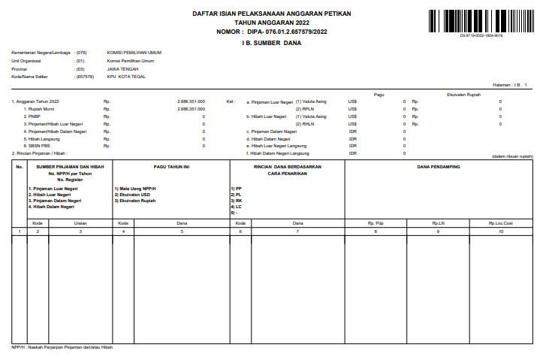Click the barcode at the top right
coord(481,20)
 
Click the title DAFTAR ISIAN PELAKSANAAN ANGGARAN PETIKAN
coord(271,14)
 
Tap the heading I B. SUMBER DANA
coord(271,43)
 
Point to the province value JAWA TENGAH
coord(122,68)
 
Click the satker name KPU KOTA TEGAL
coord(126,77)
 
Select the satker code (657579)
coord(85,77)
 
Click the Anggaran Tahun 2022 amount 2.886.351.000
coord(191,101)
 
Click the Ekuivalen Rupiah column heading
coord(463,94)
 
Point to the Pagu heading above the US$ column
coord(379,94)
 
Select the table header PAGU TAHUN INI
coord(170,166)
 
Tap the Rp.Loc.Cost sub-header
coord(501,223)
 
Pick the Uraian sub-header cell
coord(80,223)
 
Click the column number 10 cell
coord(501,231)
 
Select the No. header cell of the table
coord(20,166)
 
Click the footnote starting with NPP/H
coord(62,347)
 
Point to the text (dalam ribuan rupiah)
coord(512,156)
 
